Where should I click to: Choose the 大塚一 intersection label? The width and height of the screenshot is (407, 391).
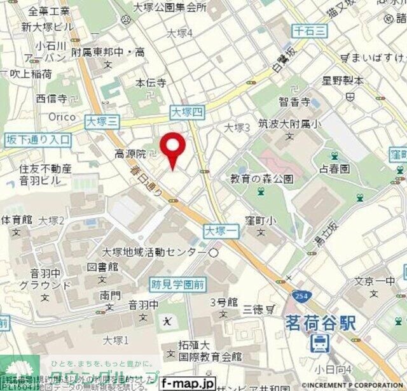click(x=221, y=231)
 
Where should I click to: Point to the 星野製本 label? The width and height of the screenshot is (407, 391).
click(x=342, y=82)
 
